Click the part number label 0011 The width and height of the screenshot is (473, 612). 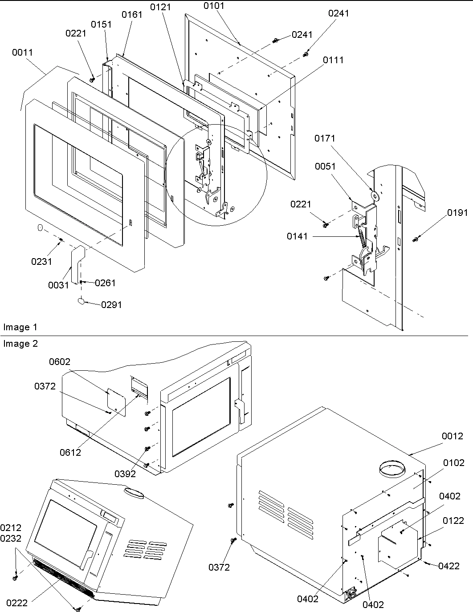22,53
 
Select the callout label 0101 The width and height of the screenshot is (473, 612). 214,6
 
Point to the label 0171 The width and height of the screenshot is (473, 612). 325,138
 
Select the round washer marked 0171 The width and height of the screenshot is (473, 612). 374,195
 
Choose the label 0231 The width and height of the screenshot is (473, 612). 41,261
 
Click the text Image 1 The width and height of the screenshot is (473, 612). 20,327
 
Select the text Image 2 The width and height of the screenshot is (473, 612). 20,344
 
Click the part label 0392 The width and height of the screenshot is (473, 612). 125,474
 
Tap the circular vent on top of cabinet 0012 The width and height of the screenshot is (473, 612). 392,470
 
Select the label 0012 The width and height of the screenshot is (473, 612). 453,436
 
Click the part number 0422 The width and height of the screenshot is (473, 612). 449,566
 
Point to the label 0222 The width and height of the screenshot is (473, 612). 16,603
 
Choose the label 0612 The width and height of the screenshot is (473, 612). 70,452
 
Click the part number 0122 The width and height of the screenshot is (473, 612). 453,520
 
